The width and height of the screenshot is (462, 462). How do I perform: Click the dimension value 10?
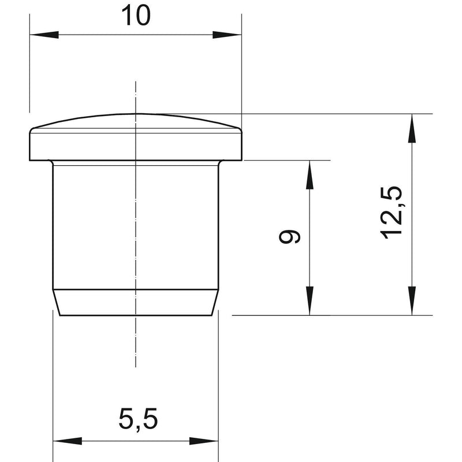click(136, 16)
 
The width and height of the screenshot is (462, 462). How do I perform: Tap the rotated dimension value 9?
click(290, 237)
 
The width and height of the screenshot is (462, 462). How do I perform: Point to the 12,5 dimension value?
click(392, 213)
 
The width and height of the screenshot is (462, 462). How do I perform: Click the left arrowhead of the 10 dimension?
click(44, 35)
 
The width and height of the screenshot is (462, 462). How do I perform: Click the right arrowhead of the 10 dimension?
click(227, 35)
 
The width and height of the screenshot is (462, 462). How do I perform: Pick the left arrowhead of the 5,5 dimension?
click(67, 441)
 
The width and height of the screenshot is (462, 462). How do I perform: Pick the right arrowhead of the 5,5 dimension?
click(204, 441)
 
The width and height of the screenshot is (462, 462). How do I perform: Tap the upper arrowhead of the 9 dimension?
click(310, 175)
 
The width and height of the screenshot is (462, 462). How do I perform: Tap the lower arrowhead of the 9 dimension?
click(310, 300)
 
